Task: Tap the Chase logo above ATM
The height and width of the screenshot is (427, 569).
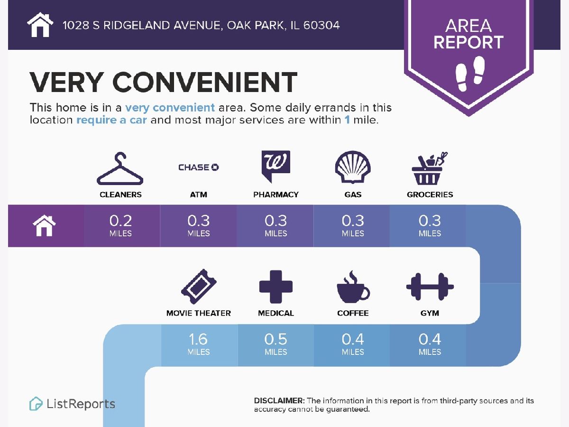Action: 199,167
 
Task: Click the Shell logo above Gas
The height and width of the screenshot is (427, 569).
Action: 353,167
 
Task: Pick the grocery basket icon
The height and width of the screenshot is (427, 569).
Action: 430,168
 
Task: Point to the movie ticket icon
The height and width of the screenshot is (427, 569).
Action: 199,287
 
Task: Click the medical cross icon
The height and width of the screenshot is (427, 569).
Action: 276,287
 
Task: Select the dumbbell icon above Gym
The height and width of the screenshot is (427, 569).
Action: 430,287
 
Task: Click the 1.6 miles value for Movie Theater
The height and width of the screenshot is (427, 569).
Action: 198,344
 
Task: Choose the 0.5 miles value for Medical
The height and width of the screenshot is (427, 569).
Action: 276,344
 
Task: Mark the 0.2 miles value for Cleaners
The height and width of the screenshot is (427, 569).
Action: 120,225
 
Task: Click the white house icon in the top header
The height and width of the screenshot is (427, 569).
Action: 40,25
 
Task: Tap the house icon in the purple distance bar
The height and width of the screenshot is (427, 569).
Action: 44,225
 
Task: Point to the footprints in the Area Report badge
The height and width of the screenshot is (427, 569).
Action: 470,74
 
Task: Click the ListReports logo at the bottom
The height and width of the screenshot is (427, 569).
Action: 72,404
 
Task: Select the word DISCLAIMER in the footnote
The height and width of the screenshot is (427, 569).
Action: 279,400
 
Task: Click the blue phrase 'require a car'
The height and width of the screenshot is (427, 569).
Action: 111,120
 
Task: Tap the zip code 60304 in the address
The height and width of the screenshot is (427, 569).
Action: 321,26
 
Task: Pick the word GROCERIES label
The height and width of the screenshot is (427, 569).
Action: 430,195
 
